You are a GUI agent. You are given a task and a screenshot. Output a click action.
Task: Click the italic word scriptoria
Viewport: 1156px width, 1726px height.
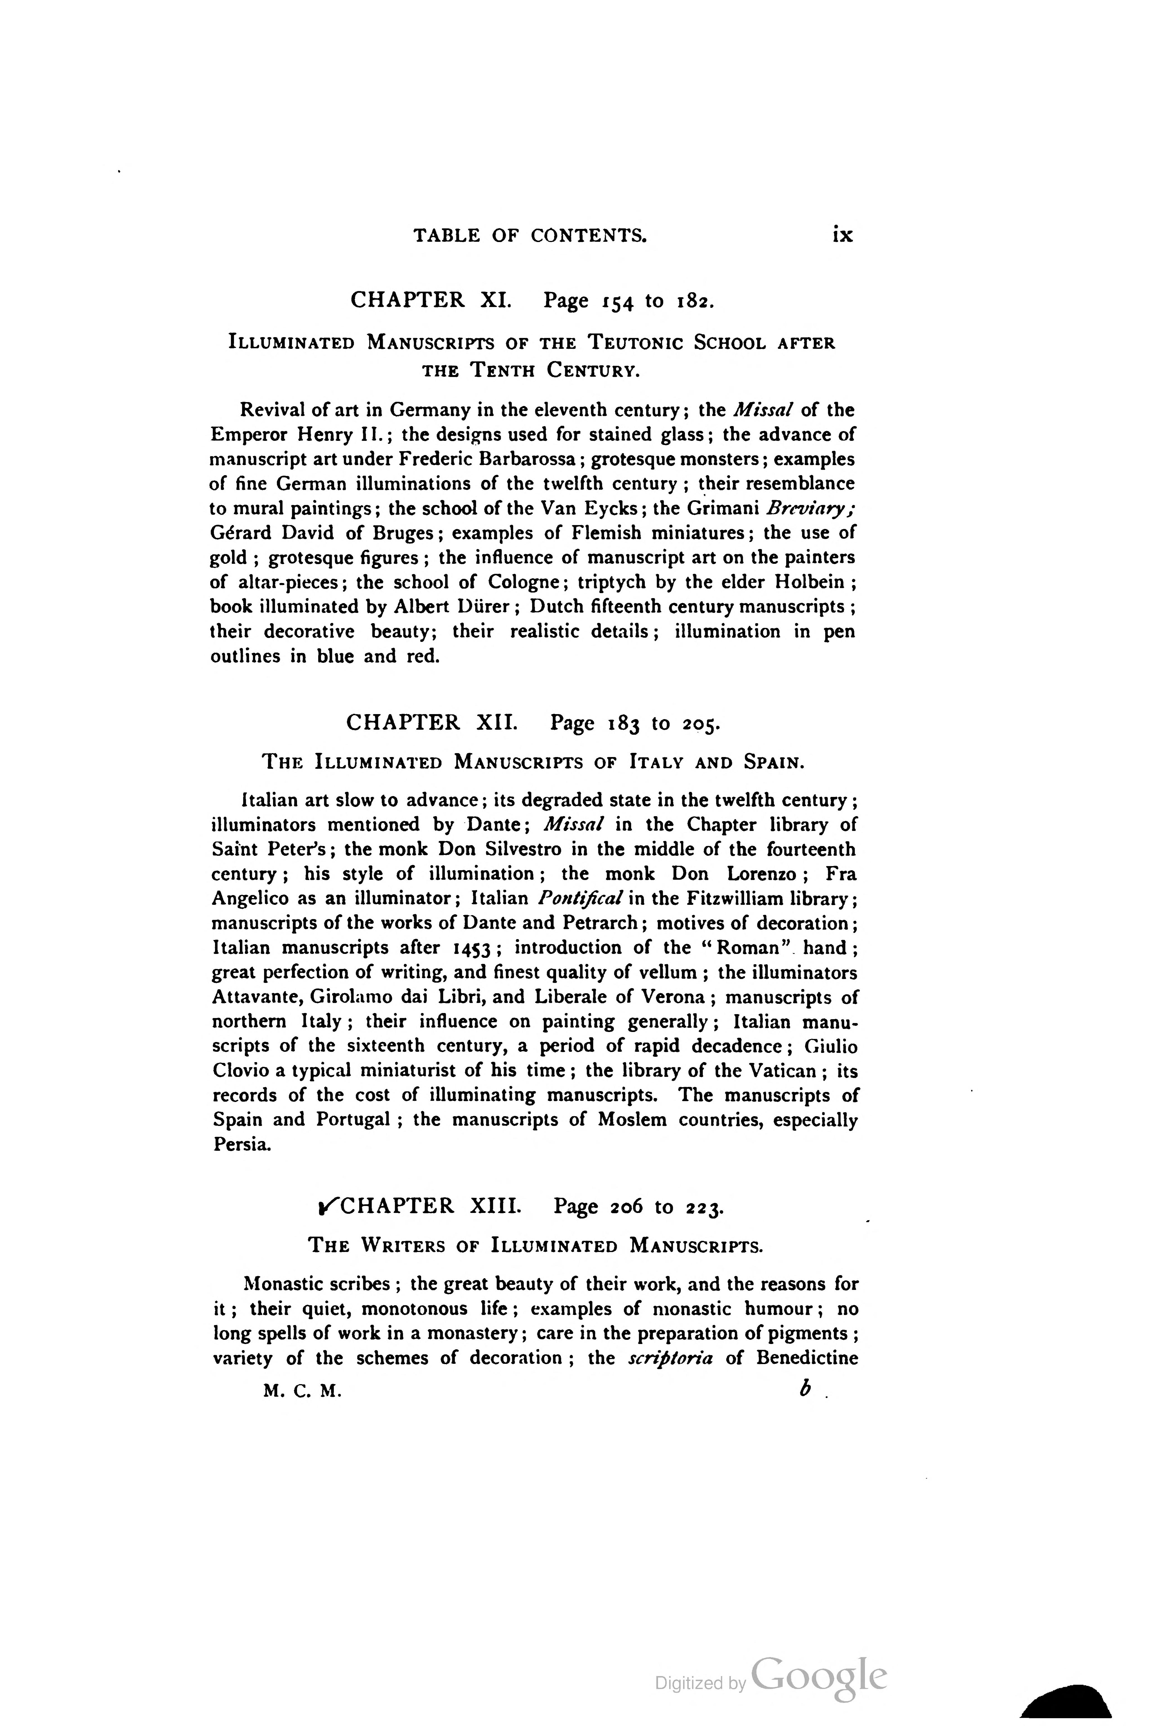[x=670, y=1358]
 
